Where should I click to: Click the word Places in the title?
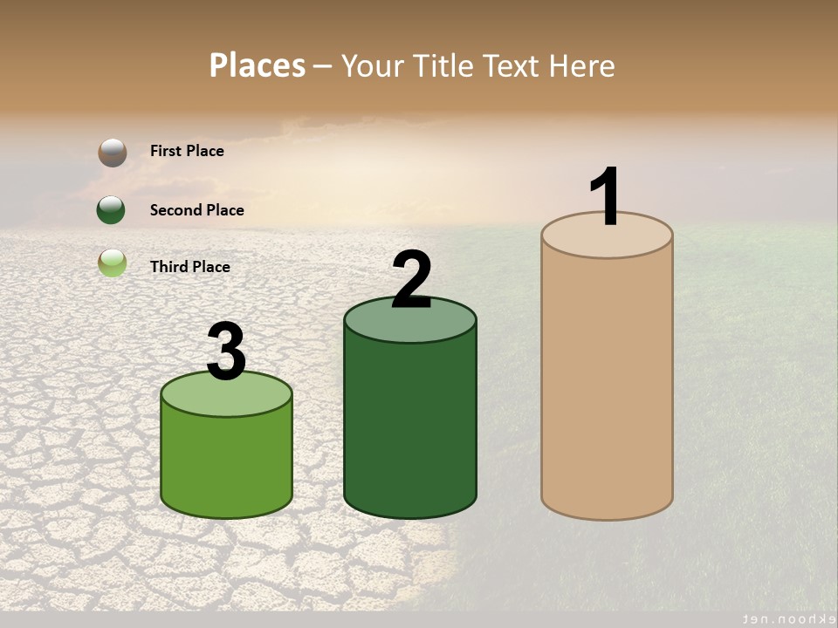tap(258, 65)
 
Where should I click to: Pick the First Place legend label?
tap(187, 151)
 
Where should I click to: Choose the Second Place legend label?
tap(196, 210)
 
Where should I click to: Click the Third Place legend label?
tap(189, 267)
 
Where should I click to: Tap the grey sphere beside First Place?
tap(113, 153)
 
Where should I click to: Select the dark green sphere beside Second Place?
tap(112, 210)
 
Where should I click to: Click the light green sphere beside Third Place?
tap(113, 263)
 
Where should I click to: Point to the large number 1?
tap(605, 197)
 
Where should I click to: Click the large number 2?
tap(411, 280)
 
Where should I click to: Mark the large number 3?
tap(226, 352)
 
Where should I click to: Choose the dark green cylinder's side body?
tap(410, 427)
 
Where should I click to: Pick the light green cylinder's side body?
tap(226, 462)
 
